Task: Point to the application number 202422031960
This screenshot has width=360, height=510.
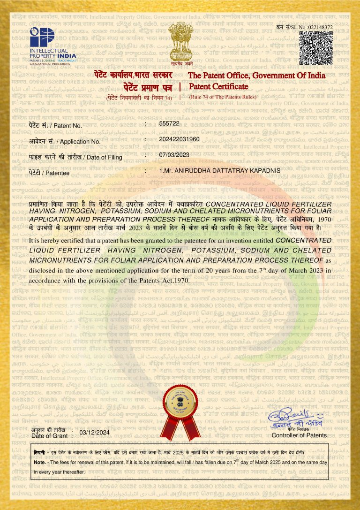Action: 180,139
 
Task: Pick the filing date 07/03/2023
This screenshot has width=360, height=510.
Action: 173,154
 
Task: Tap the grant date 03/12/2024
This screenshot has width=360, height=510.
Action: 95,432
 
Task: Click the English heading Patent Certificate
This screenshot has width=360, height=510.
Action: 218,86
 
